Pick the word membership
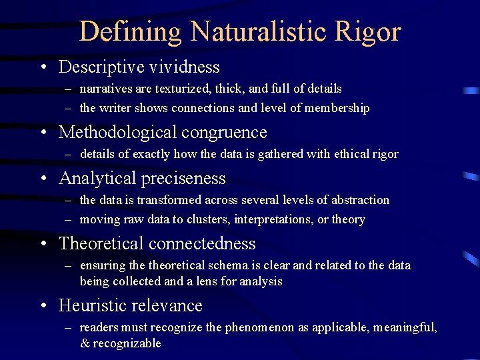(x=337, y=107)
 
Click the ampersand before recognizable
(x=85, y=343)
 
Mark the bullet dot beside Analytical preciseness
(x=43, y=179)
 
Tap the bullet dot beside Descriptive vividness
(x=43, y=68)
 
